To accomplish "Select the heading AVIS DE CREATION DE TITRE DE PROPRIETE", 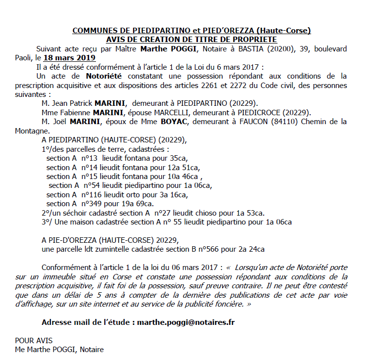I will click(x=191, y=40).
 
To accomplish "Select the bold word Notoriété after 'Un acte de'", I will click(x=89, y=76).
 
